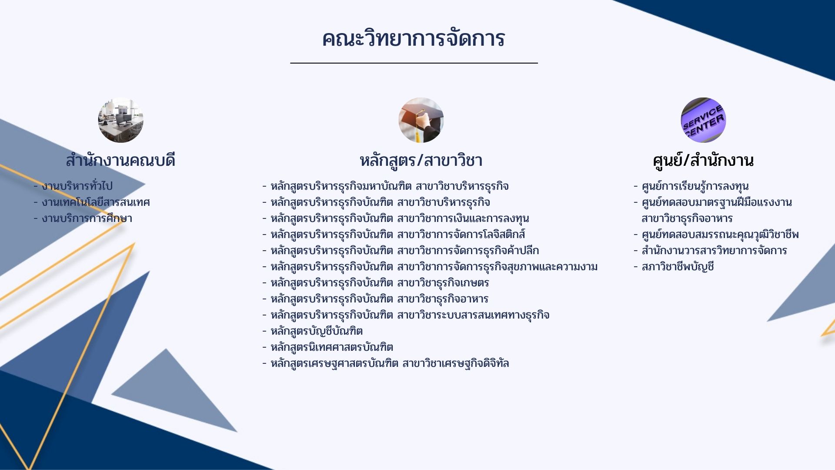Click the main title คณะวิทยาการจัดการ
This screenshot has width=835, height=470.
click(413, 38)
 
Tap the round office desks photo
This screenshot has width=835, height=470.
click(120, 120)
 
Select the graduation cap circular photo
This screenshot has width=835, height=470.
click(421, 120)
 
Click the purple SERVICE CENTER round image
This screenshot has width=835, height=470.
click(703, 120)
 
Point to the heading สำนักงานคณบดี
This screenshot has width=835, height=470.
click(120, 160)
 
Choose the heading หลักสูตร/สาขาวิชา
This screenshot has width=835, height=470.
click(421, 160)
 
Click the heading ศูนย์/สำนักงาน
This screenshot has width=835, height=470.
click(703, 160)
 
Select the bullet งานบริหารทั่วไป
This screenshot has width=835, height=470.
click(77, 186)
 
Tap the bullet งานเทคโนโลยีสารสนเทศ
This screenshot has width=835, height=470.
click(96, 202)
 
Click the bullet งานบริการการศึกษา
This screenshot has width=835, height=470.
click(87, 218)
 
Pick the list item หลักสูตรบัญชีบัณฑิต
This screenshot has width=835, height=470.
click(317, 331)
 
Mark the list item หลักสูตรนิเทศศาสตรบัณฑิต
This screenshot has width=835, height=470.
click(332, 347)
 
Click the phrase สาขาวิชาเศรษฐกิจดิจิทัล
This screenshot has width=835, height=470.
click(455, 363)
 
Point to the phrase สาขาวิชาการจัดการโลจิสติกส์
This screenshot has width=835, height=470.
click(461, 235)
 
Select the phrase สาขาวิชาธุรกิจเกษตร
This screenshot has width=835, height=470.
click(443, 283)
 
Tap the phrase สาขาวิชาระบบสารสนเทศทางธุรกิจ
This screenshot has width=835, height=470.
click(473, 315)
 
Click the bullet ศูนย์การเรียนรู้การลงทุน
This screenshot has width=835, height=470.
click(695, 186)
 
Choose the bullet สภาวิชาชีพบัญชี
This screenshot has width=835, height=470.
click(678, 267)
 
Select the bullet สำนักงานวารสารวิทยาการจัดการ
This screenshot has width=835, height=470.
click(714, 251)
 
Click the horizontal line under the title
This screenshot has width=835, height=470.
click(414, 63)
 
